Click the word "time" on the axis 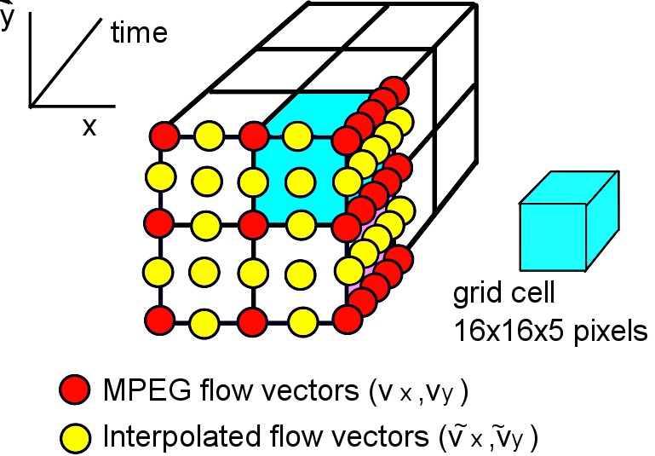139,33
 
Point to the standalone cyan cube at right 554,226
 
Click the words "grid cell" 503,295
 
